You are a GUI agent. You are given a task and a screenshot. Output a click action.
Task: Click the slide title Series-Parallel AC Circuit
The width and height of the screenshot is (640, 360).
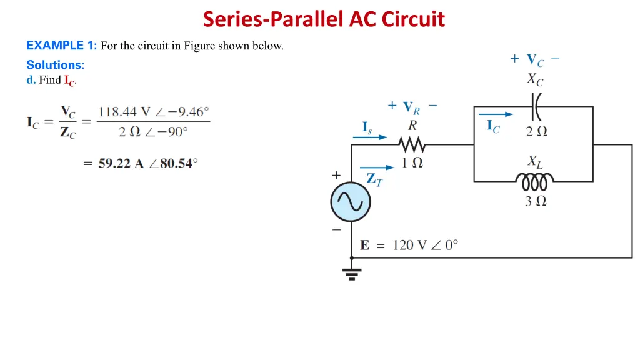pyautogui.click(x=324, y=19)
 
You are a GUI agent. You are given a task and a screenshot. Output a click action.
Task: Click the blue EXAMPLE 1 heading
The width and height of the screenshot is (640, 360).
pyautogui.click(x=61, y=45)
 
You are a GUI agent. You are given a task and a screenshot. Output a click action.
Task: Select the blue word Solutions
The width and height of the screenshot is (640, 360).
pyautogui.click(x=55, y=64)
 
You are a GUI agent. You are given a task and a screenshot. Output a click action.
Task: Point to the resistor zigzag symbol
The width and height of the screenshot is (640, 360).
pyautogui.click(x=412, y=145)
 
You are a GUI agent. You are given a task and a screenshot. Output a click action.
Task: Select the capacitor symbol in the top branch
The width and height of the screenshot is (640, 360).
pyautogui.click(x=536, y=107)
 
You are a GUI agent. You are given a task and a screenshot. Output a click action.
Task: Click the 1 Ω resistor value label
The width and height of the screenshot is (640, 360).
pyautogui.click(x=412, y=163)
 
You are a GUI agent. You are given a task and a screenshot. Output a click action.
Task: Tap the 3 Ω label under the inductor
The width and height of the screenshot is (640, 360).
pyautogui.click(x=536, y=201)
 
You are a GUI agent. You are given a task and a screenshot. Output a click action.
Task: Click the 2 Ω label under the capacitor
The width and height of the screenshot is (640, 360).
pyautogui.click(x=536, y=131)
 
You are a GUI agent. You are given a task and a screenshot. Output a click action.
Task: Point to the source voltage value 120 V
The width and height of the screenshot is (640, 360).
pyautogui.click(x=409, y=245)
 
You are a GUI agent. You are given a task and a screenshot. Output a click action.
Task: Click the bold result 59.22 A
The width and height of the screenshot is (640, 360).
pyautogui.click(x=123, y=164)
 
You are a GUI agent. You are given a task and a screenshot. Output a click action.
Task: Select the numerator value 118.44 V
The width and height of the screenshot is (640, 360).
pyautogui.click(x=124, y=112)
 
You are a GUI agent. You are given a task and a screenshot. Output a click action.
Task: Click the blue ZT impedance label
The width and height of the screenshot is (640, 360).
pyautogui.click(x=374, y=179)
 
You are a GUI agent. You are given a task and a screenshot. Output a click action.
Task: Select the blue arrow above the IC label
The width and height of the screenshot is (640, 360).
pyautogui.click(x=496, y=114)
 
